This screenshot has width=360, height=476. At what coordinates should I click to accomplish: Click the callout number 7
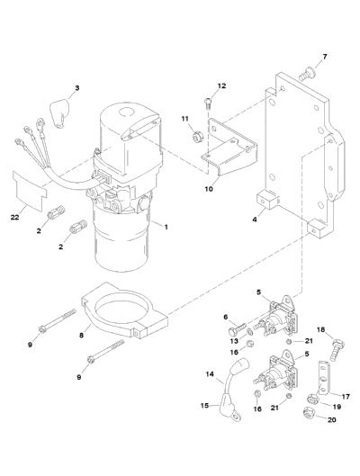(x=325, y=57)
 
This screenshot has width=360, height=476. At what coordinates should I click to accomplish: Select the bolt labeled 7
(x=307, y=74)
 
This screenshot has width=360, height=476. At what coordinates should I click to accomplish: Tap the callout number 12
(x=222, y=85)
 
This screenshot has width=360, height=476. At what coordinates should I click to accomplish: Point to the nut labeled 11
(x=199, y=137)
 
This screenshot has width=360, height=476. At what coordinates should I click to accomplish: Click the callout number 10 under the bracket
(x=209, y=189)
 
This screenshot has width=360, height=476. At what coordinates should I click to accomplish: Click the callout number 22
(x=15, y=218)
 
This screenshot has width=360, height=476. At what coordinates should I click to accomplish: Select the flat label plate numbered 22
(x=29, y=190)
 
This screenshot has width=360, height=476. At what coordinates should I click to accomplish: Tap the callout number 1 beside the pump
(x=166, y=227)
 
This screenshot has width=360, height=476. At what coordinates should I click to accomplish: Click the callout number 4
(x=255, y=219)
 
